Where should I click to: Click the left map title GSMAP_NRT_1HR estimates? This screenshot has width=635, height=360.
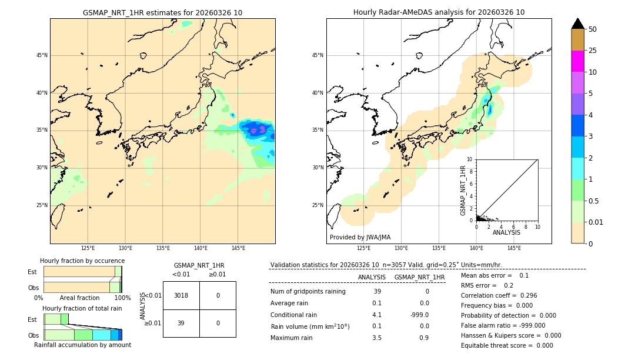point(162,12)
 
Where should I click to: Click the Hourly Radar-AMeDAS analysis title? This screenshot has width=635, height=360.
point(439,12)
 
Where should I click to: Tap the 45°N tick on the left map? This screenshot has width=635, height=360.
point(42,55)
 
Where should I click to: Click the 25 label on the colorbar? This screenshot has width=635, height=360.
point(593,51)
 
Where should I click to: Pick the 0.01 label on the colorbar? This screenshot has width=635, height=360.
point(596,222)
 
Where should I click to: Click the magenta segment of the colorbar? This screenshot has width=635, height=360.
point(577,61)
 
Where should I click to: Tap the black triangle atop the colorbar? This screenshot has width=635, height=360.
point(577,24)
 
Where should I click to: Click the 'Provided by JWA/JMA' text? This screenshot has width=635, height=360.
point(360,238)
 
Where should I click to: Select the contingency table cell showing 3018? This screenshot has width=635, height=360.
point(181,295)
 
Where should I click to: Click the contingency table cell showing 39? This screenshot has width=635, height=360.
point(181,323)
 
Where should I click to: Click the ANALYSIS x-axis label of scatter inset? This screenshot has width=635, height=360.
point(506,232)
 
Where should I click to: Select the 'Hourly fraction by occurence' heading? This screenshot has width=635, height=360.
point(82,261)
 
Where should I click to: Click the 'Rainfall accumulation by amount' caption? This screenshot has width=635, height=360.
point(82,345)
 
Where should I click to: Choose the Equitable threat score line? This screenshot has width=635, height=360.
point(507,345)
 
